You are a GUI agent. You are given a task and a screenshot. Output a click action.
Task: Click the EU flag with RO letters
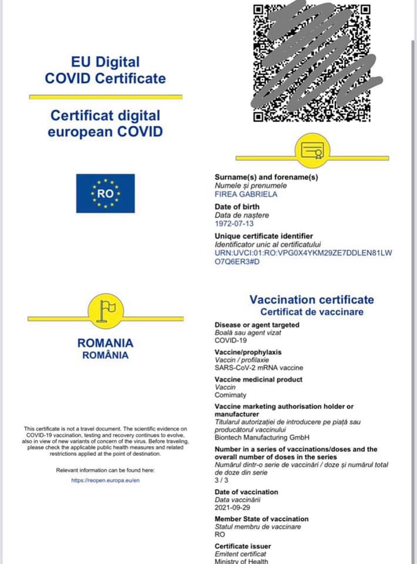tap(105, 193)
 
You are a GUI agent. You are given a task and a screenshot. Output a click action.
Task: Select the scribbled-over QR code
tap(312, 62)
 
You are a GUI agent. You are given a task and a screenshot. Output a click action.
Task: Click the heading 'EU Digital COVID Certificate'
tap(105, 70)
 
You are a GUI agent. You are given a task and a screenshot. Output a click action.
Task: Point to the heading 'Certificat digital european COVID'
tap(105, 123)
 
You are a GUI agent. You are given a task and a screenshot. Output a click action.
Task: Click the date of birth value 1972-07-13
tap(234, 223)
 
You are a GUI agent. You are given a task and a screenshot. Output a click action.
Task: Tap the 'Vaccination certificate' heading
tap(311, 300)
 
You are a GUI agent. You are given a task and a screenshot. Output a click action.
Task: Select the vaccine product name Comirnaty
tap(231, 395)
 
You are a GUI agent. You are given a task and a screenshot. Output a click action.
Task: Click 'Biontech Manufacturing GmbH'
tap(262, 437)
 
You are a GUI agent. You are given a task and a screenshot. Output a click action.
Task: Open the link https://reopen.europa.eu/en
tap(105, 480)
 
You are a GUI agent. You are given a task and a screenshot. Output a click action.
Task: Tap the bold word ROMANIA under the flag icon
tap(105, 343)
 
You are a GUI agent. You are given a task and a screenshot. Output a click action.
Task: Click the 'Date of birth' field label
tap(237, 207)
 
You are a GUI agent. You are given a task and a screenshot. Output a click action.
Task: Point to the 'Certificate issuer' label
tap(243, 546)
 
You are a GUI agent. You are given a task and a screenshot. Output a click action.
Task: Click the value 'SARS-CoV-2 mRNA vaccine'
tap(258, 368)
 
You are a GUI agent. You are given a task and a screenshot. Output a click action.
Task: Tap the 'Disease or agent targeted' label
tap(257, 325)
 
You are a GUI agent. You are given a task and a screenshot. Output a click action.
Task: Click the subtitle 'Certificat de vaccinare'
tap(312, 312)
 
